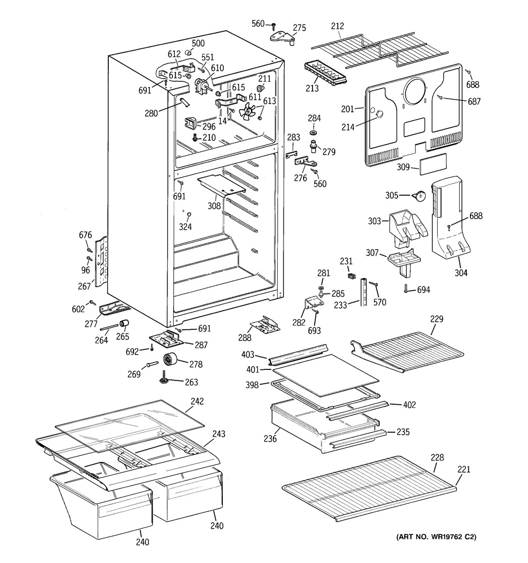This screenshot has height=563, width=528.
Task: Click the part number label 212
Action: [337, 26]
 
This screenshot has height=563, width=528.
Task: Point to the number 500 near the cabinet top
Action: [198, 43]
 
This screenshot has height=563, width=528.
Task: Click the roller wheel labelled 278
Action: [170, 360]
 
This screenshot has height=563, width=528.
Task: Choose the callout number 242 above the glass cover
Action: [196, 402]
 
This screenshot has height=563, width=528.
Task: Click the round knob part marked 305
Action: [419, 196]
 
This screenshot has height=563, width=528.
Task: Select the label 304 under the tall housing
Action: [460, 273]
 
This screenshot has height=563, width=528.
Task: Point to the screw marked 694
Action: [406, 288]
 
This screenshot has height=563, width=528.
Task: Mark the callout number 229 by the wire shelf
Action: [436, 319]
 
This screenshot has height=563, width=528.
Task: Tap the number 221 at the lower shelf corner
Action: [464, 470]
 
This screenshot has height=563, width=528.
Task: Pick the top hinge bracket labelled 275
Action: [284, 36]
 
